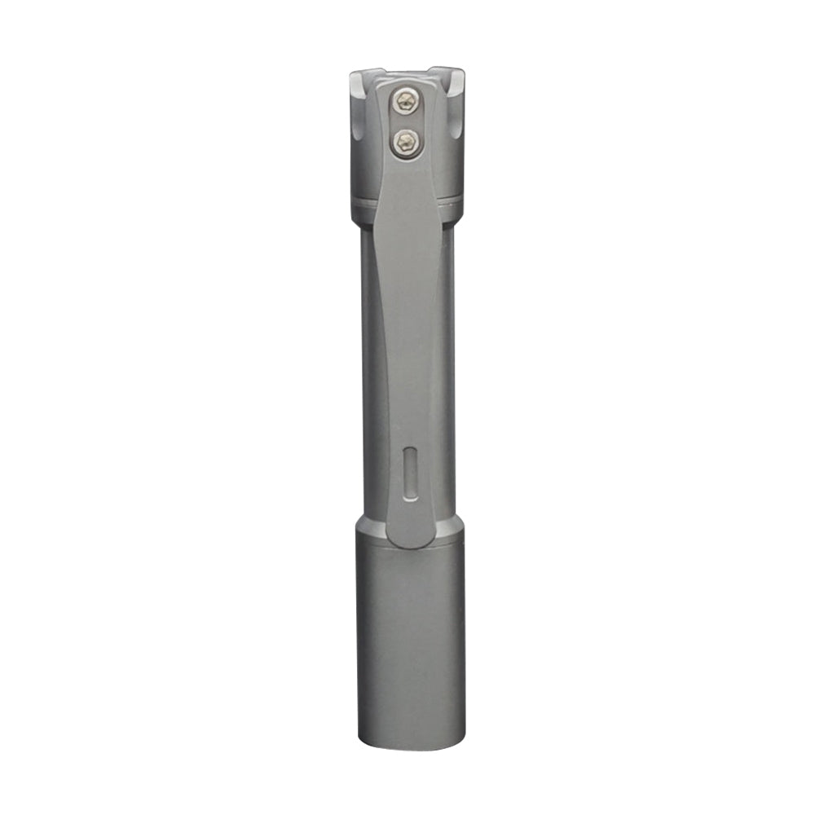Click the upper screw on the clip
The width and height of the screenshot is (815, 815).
[x=405, y=102]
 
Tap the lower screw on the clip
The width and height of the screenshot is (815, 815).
[x=405, y=143]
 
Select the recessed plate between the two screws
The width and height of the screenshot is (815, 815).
[x=405, y=122]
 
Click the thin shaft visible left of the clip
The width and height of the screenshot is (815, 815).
[x=368, y=367]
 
